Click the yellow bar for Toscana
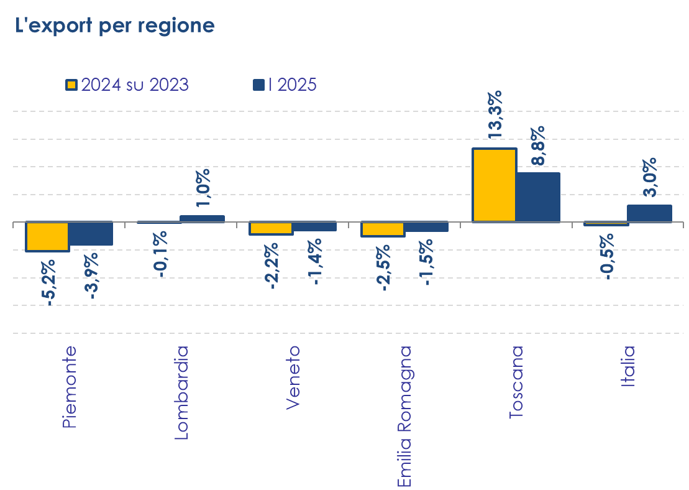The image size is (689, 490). coord(495,185)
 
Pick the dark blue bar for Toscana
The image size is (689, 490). coord(538,196)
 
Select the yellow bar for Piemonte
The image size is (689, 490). coord(47,236)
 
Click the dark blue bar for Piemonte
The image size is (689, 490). coord(91,234)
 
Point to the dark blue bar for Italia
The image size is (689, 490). coord(649,213)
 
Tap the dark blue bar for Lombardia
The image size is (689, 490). coord(202,218)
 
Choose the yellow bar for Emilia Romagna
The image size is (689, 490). coord(383,229)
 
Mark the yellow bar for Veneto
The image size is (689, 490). coord(271,228)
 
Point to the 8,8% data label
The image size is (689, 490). coord(538,145)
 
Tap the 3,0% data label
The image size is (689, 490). coord(650,177)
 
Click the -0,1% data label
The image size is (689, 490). coord(160,254)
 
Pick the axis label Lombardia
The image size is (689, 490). coord(181,392)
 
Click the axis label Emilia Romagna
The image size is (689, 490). coord(404,416)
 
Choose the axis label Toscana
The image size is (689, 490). coord(516,382)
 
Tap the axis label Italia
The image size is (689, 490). coord(628,366)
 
